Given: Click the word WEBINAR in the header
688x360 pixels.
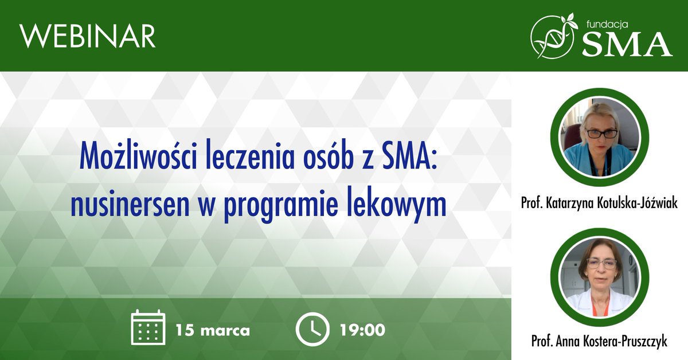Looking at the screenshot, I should [88, 36].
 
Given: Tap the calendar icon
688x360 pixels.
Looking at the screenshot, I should [148, 327].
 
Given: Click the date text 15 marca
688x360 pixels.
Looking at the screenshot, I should [213, 330].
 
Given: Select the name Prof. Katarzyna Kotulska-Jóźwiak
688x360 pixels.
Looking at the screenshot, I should [599, 203].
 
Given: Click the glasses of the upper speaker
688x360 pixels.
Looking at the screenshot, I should [601, 133].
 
